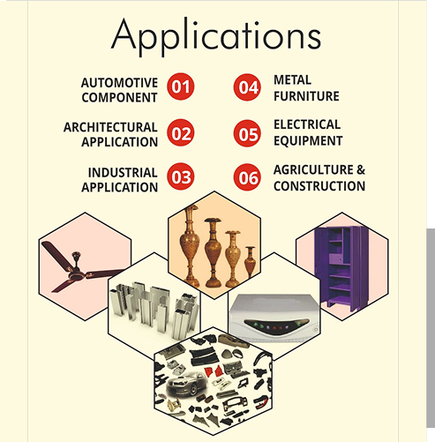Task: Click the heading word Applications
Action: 216,36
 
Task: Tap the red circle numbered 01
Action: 181,86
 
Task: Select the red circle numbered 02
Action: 181,133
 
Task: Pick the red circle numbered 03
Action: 181,176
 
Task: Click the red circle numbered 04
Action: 247,87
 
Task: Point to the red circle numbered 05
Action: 247,133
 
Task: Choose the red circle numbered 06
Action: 247,177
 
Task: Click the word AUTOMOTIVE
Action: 119,83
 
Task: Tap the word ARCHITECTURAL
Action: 110,127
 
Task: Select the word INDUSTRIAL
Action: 123,173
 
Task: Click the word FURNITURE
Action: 306,96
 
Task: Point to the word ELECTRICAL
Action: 307,124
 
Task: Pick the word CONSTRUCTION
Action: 319,186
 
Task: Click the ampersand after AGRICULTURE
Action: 361,170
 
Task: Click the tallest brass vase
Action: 189,246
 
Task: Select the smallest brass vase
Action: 250,261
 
